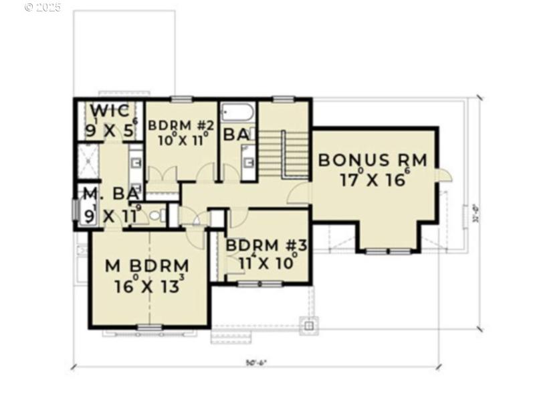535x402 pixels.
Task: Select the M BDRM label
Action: pos(147,265)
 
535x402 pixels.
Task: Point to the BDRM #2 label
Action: pos(181,125)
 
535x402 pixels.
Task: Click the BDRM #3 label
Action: pos(266,245)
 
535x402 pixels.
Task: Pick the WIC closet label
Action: pos(110,111)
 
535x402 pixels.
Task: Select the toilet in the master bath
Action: pos(155,215)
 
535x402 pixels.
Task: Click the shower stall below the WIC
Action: pos(89,161)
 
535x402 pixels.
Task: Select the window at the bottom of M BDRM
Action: pos(149,327)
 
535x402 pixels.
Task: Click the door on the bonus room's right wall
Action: pos(443,176)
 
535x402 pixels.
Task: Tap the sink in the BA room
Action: pos(248,163)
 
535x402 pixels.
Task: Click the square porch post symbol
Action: pos(308,326)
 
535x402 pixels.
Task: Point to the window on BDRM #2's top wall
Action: pos(181,99)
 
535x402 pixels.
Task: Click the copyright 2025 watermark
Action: pos(42,7)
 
